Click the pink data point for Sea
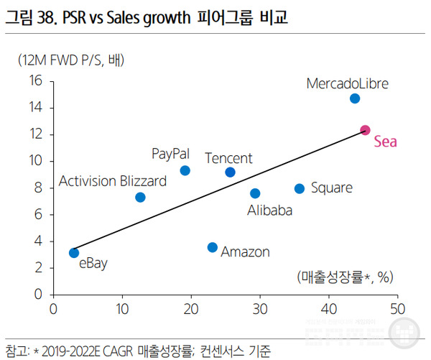click(365, 130)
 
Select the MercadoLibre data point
click(355, 98)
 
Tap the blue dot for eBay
click(74, 252)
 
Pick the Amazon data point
click(212, 247)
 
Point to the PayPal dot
click(185, 170)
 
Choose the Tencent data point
click(230, 172)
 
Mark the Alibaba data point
click(255, 193)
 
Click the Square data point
click(300, 188)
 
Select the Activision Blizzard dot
click(140, 197)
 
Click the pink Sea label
click(385, 142)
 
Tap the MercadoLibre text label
click(347, 83)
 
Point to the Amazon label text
click(245, 252)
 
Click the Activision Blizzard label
click(112, 181)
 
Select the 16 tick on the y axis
click(36, 80)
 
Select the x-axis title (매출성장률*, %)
click(346, 276)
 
